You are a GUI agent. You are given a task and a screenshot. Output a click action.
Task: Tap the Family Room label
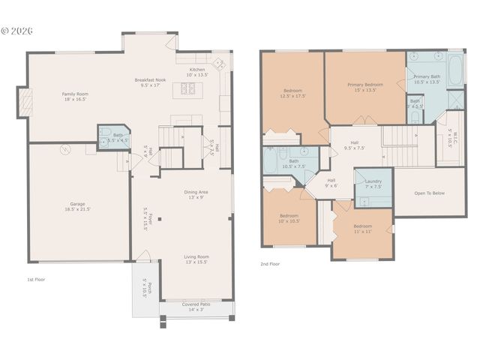(x=75, y=97)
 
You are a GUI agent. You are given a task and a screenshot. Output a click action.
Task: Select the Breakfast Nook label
(x=150, y=82)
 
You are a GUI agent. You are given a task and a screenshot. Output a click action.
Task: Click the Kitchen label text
(x=196, y=72)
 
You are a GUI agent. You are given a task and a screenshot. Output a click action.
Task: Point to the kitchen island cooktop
(x=187, y=89)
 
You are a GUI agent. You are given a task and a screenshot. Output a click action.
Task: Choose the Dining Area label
(x=196, y=194)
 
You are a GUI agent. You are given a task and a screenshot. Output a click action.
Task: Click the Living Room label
(x=196, y=259)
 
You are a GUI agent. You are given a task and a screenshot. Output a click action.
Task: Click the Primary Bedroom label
(x=364, y=87)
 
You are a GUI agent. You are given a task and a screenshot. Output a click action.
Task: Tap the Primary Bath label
(x=426, y=79)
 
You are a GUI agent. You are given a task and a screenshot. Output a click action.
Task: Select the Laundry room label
(x=373, y=184)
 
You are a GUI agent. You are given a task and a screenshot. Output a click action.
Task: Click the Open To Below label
(x=429, y=193)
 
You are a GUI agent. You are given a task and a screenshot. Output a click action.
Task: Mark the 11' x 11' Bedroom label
(x=362, y=228)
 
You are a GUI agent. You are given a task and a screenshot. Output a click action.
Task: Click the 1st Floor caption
(x=36, y=279)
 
